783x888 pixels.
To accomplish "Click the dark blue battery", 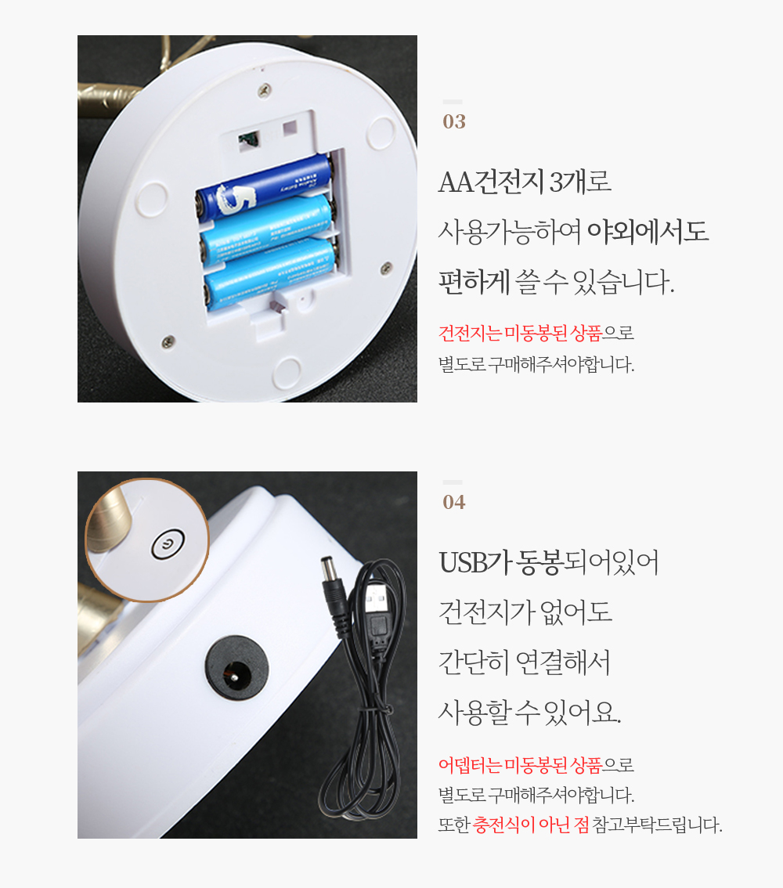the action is pos(265,186).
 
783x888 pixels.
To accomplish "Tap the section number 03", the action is pos(454,121).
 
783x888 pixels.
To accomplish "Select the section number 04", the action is pos(454,502).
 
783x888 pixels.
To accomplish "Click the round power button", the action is pos(168,544).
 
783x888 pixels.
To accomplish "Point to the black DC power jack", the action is pos(236,668).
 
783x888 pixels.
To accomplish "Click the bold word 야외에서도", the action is pos(648,232).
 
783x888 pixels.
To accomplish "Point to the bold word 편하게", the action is pos(474,281).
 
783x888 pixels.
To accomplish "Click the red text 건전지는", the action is pos(470,333).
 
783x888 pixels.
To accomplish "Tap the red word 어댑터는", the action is pos(470,765).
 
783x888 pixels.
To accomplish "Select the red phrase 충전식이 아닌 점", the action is pos(531,824).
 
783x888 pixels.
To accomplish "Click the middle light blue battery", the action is pos(268,230).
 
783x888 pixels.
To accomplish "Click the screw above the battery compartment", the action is pos(265,89).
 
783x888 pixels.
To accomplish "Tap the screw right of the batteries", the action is pos(386,267).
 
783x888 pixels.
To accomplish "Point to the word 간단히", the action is pos(474,662).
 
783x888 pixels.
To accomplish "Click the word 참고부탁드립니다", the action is pos(657,824).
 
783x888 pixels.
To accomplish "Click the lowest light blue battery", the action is pos(271,275).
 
